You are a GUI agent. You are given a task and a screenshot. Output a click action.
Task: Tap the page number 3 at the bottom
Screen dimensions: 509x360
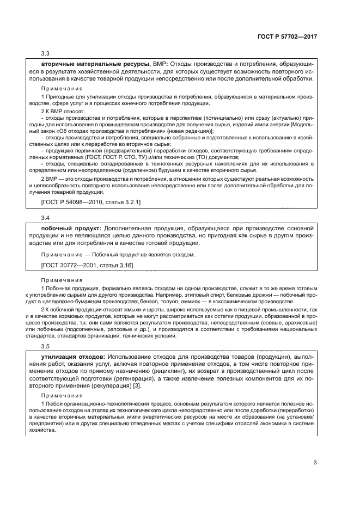315,463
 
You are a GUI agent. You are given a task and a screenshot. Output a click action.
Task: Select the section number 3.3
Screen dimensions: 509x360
45,53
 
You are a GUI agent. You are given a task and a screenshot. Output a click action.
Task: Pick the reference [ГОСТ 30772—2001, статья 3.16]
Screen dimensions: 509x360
88,265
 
